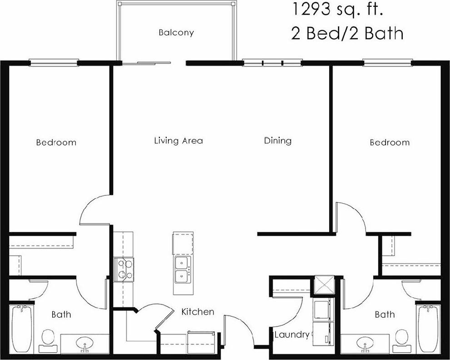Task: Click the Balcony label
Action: click(x=176, y=33)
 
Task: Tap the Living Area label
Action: click(x=178, y=140)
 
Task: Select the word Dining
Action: click(x=277, y=140)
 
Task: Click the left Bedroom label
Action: click(x=56, y=142)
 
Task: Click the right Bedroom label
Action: click(x=390, y=142)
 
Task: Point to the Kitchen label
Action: click(x=198, y=312)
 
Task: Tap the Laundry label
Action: click(x=292, y=335)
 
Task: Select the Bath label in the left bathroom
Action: click(x=61, y=314)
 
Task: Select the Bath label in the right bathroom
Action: click(x=385, y=314)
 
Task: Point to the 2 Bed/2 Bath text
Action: click(x=347, y=33)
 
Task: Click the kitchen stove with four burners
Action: click(x=124, y=269)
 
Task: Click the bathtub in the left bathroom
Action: click(x=20, y=329)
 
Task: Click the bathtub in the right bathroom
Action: click(x=428, y=329)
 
